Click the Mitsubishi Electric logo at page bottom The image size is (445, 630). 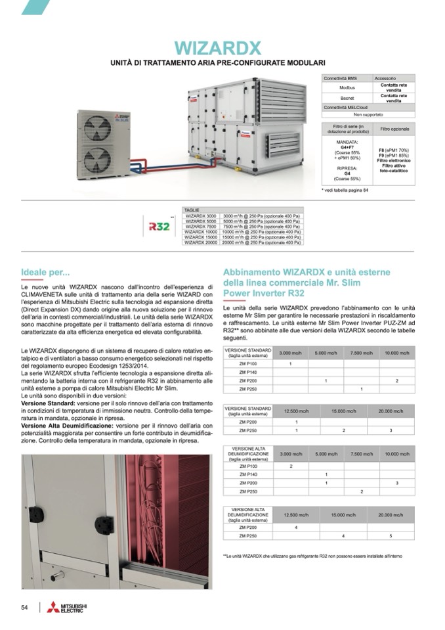click(x=67, y=608)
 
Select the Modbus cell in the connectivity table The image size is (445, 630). click(x=347, y=87)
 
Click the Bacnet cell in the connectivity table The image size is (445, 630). click(x=347, y=98)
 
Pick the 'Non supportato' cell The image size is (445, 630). click(x=368, y=114)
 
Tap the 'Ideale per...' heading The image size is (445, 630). click(x=45, y=272)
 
